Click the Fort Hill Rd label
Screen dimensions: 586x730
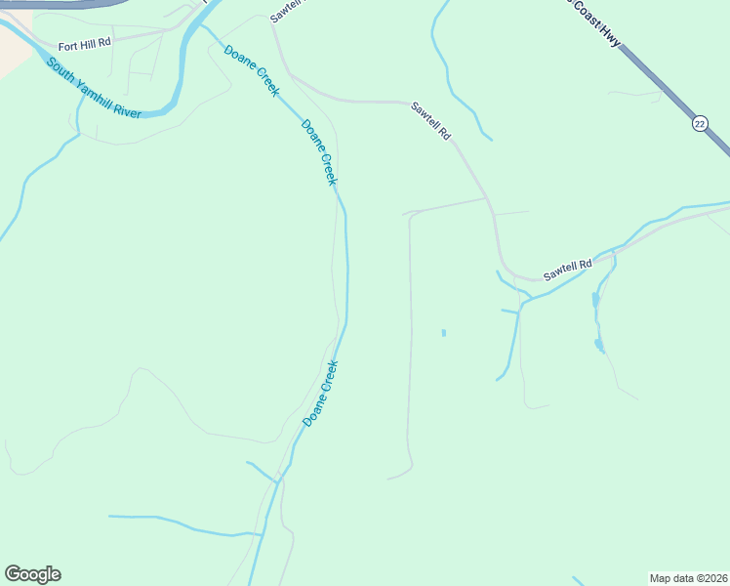(85, 44)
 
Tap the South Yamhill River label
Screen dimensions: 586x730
(94, 88)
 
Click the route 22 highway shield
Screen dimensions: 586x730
(700, 123)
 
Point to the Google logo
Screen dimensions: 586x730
(32, 574)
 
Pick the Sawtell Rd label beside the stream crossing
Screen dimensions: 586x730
(568, 271)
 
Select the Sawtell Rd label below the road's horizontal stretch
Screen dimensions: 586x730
(431, 121)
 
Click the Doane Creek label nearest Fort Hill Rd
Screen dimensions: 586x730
(252, 69)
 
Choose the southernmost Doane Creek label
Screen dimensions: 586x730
(320, 393)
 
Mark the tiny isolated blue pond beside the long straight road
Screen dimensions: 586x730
(444, 333)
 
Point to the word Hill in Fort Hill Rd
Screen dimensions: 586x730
(88, 44)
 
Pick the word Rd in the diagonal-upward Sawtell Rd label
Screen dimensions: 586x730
(585, 264)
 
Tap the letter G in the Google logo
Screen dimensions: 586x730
(13, 574)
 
